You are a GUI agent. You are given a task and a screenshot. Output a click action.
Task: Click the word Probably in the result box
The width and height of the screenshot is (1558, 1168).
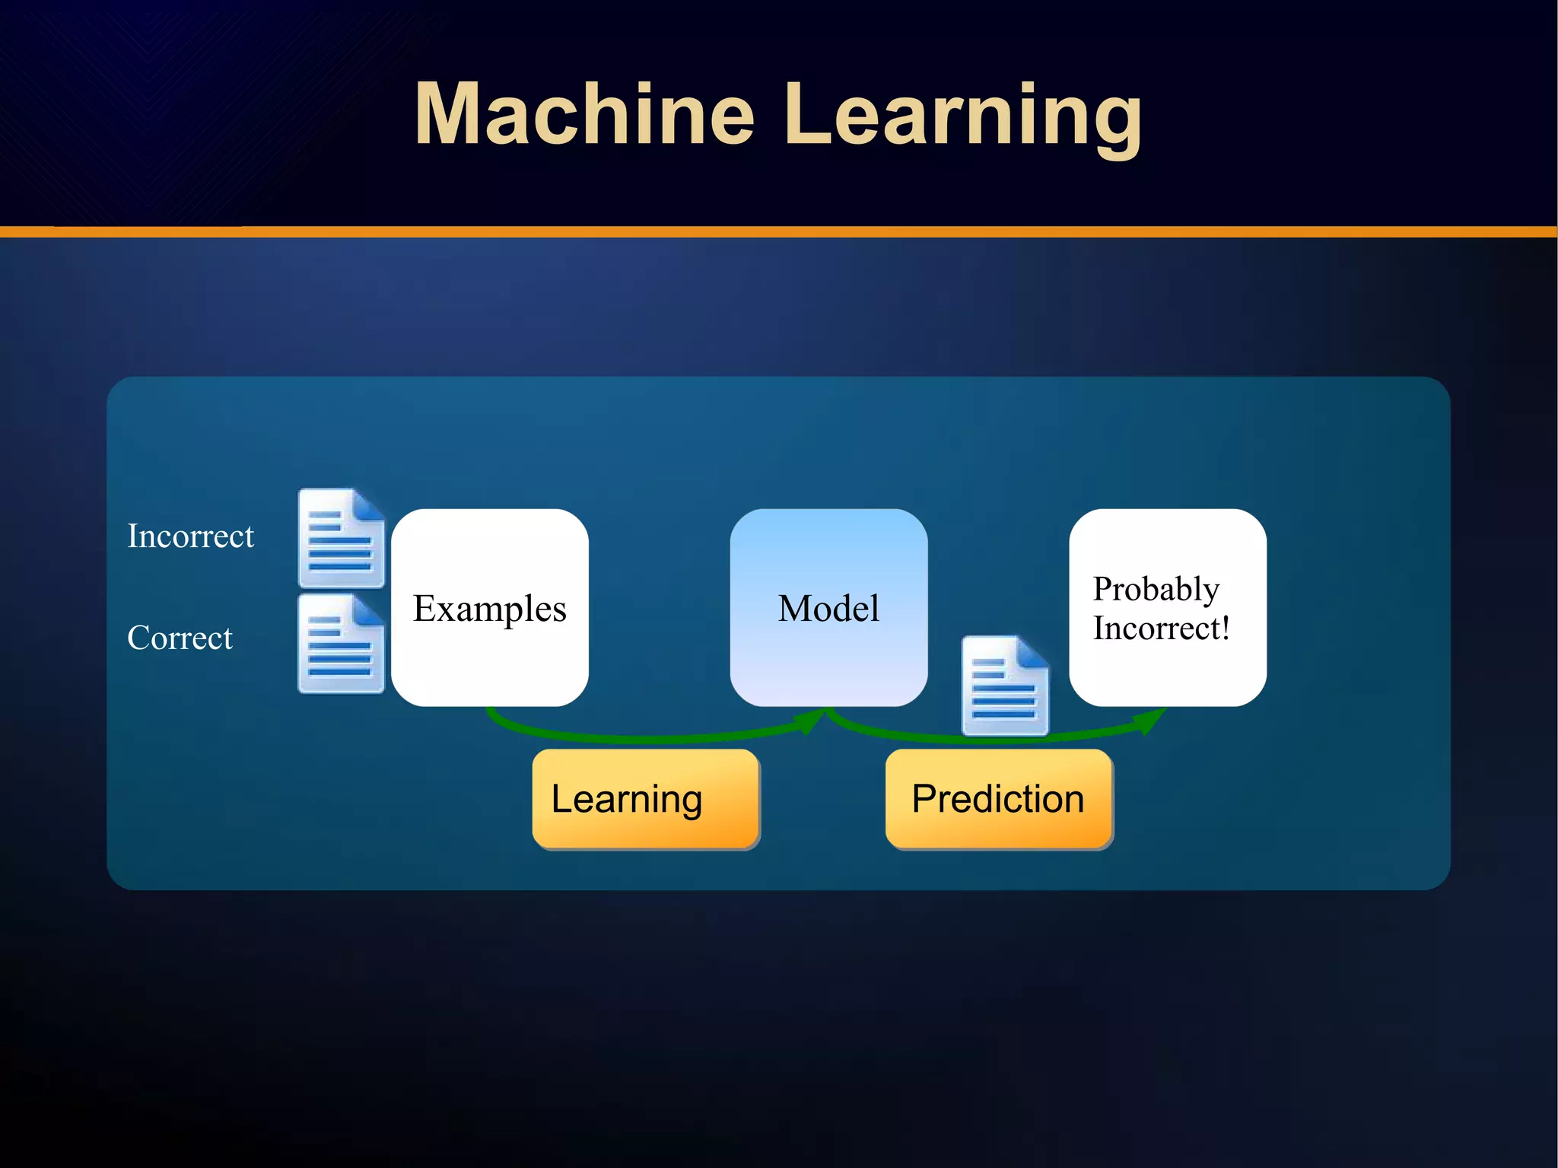pyautogui.click(x=1156, y=589)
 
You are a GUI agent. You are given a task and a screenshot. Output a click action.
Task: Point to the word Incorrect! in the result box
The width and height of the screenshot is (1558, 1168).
pyautogui.click(x=1161, y=629)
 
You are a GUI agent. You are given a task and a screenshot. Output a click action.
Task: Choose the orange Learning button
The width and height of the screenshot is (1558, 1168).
pyautogui.click(x=645, y=798)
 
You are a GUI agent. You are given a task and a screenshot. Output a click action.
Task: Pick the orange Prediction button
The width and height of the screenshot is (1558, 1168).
pyautogui.click(x=998, y=798)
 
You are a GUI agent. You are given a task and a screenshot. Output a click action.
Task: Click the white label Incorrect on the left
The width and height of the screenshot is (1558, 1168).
pyautogui.click(x=190, y=536)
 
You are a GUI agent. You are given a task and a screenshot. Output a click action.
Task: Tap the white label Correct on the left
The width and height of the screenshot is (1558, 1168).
pyautogui.click(x=180, y=638)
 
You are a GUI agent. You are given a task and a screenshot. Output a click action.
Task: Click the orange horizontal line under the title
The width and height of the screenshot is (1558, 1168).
pyautogui.click(x=779, y=231)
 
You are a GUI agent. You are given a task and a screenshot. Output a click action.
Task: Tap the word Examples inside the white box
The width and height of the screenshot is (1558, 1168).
pyautogui.click(x=489, y=609)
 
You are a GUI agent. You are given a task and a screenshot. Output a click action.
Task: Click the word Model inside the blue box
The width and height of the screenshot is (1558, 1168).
pyautogui.click(x=828, y=609)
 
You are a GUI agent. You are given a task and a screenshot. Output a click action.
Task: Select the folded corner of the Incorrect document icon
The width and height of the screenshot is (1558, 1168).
pyautogui.click(x=368, y=504)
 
